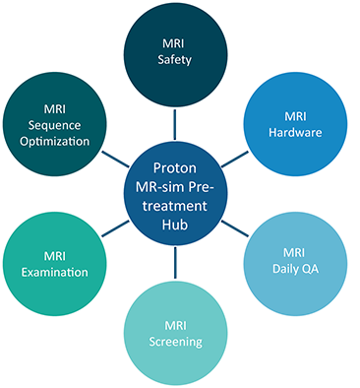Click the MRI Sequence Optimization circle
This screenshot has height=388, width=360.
[62, 123]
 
